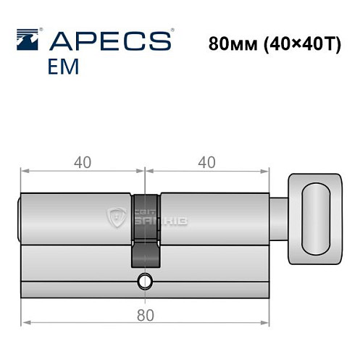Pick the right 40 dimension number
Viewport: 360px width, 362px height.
(x=208, y=162)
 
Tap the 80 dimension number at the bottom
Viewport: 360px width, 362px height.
(x=146, y=316)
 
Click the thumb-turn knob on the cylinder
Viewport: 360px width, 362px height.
(x=314, y=218)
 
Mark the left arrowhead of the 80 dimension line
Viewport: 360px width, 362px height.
(x=26, y=299)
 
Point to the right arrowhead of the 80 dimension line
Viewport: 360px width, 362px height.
(x=265, y=299)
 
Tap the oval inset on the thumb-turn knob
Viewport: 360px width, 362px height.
(x=317, y=218)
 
